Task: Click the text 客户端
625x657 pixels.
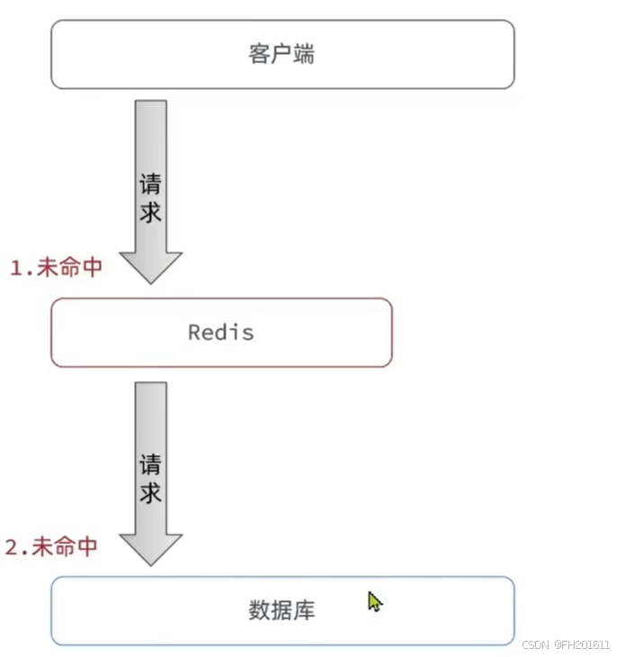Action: (x=281, y=54)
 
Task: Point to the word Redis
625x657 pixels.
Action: (x=221, y=333)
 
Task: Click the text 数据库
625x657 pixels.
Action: (x=281, y=611)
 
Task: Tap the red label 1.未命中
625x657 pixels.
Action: (x=56, y=267)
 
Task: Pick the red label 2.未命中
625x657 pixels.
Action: (x=51, y=546)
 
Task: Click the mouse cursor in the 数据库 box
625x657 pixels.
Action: (x=374, y=600)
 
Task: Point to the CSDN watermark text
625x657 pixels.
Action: (x=566, y=645)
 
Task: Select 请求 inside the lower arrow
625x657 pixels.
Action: (x=150, y=478)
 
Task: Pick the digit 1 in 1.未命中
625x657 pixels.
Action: (x=15, y=267)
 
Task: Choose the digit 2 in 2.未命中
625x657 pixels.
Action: (x=11, y=546)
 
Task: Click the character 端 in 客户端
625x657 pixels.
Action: (x=304, y=54)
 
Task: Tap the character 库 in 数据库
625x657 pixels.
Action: (x=304, y=611)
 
